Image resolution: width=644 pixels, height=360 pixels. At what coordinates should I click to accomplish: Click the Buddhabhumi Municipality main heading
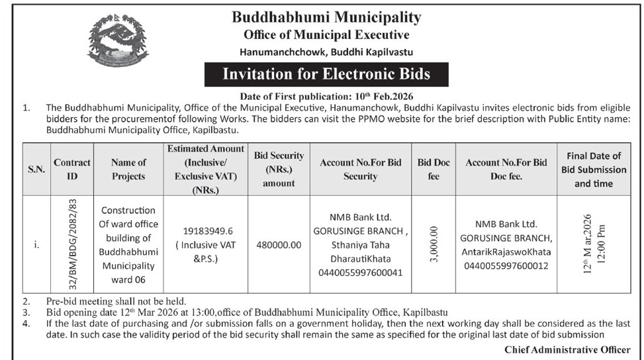point(326,17)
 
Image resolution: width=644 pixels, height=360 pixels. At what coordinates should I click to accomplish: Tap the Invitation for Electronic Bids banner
point(326,74)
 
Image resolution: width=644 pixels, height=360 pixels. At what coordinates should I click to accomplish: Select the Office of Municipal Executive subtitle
point(326,35)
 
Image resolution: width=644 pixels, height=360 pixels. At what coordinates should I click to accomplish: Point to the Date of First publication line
point(326,96)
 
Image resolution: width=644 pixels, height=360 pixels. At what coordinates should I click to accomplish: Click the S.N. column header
point(36,169)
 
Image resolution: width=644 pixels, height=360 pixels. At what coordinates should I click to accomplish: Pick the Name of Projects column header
point(128,169)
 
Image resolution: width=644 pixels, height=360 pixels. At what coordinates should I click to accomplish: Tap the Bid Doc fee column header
point(434,169)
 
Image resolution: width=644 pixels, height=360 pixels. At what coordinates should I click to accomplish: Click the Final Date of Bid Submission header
point(593,169)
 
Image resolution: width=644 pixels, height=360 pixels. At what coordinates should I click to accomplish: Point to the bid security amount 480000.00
point(278,244)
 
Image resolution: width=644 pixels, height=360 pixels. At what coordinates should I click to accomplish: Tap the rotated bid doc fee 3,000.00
point(434,244)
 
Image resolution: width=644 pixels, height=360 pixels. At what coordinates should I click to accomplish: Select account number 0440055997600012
point(506,265)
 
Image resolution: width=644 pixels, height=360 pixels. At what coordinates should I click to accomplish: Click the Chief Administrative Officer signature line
point(567,349)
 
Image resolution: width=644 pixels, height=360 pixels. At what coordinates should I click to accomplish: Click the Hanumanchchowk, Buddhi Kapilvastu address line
point(326,52)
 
